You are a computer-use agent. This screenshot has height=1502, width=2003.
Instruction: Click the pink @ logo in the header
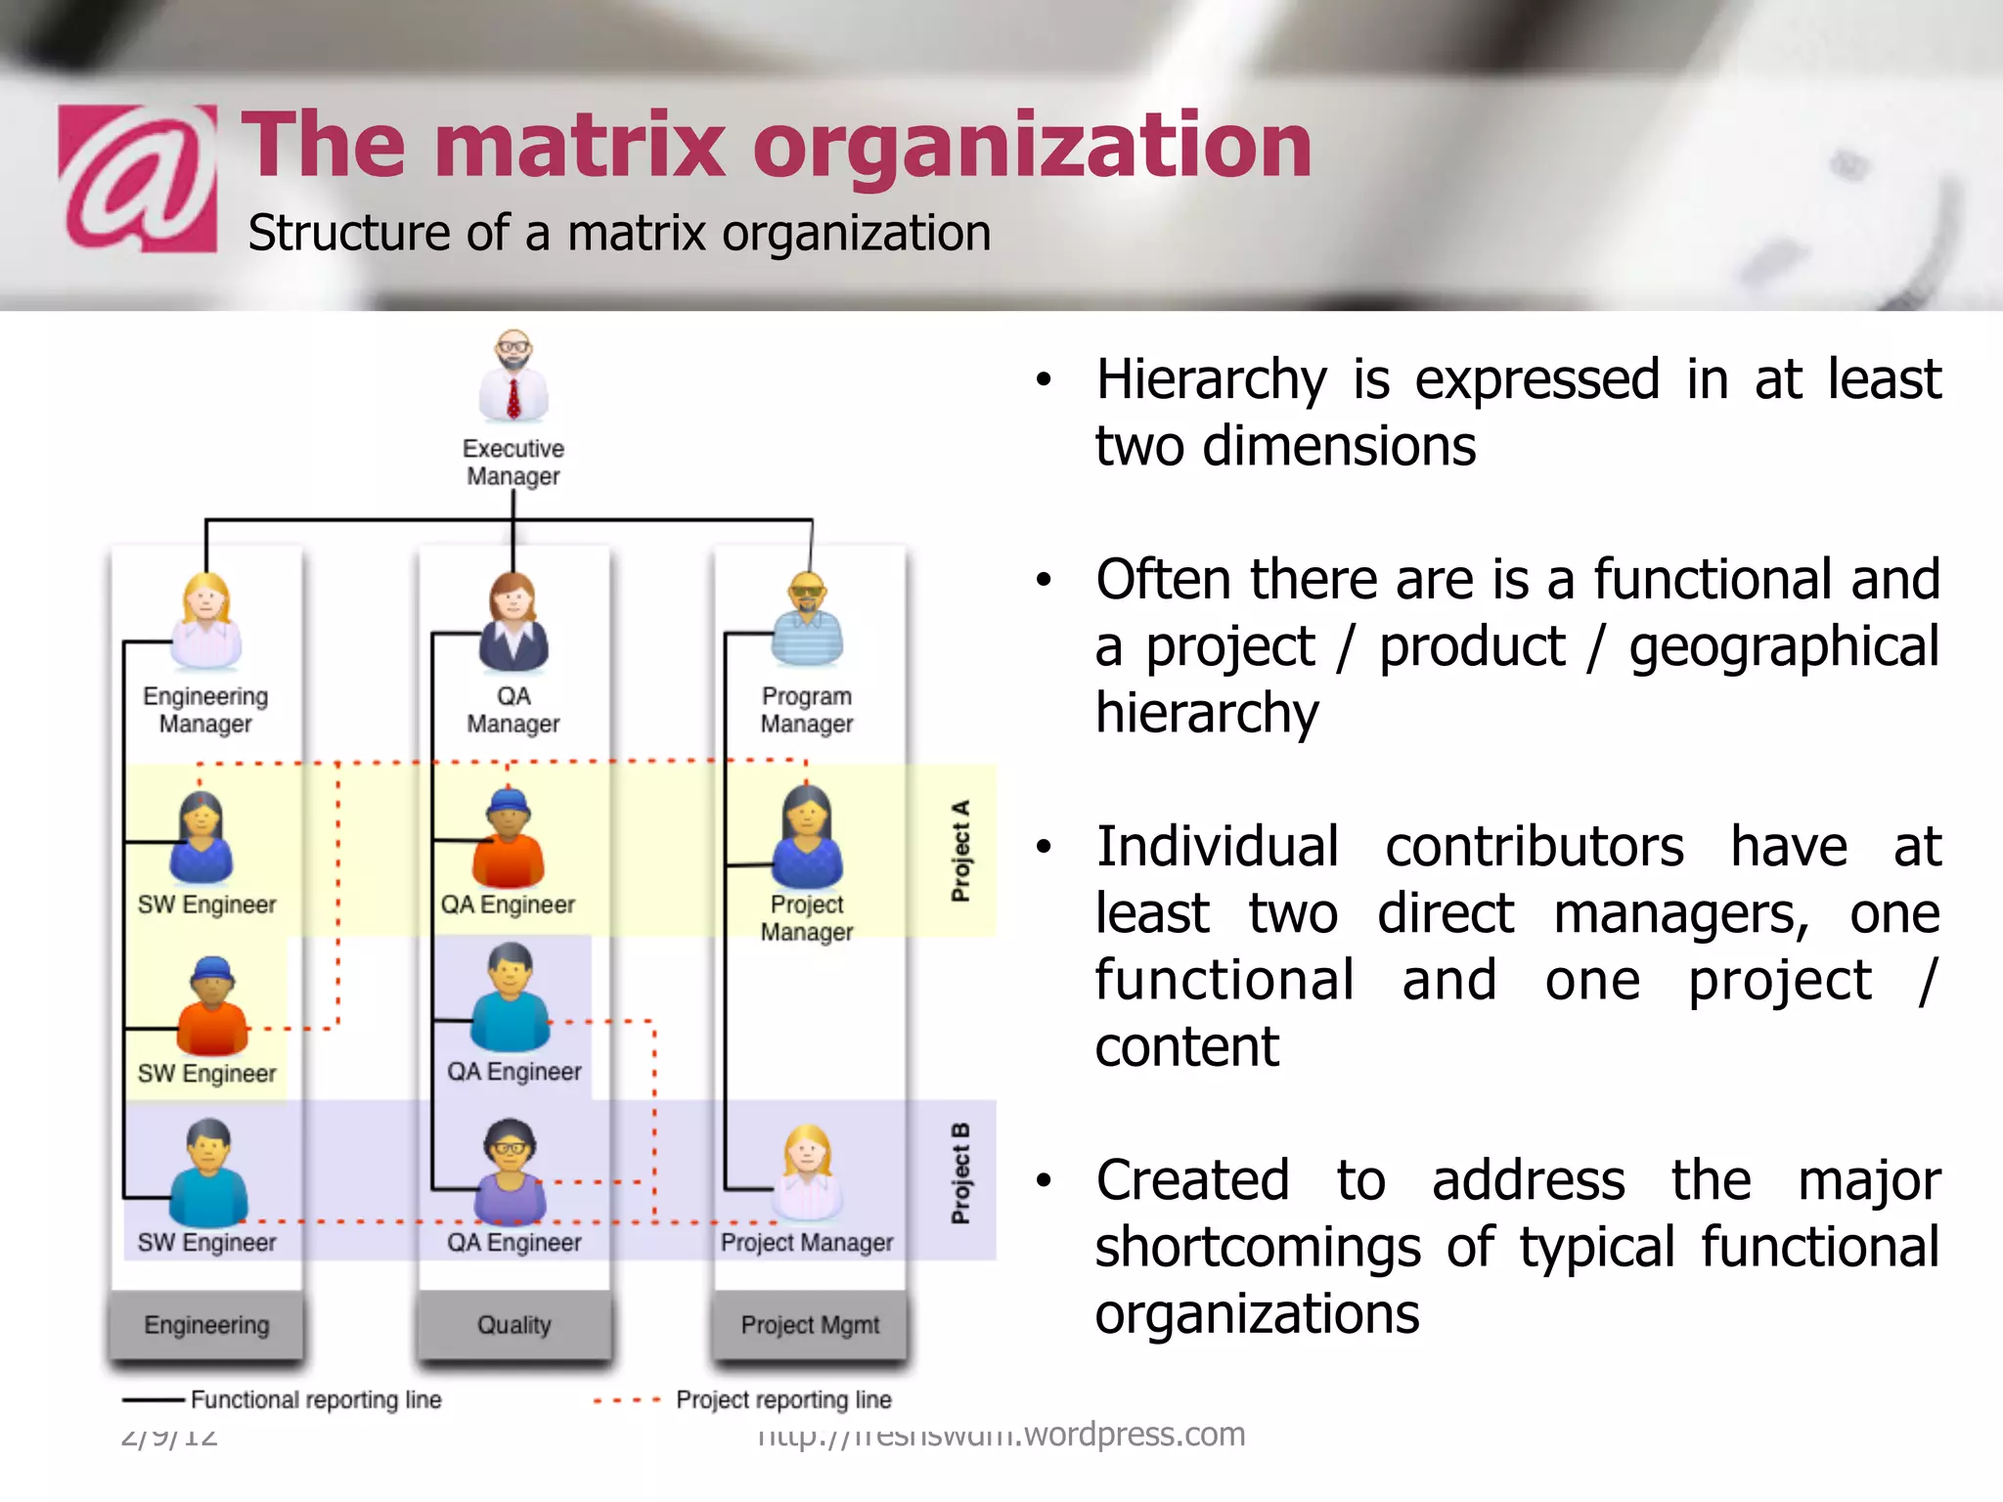(x=138, y=178)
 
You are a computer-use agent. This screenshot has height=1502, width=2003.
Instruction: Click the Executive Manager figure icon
(x=513, y=376)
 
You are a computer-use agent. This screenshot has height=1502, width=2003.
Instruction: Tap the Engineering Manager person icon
(x=205, y=622)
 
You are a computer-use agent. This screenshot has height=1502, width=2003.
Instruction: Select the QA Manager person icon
(x=513, y=622)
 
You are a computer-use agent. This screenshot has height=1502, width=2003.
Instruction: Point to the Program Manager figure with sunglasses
(x=807, y=620)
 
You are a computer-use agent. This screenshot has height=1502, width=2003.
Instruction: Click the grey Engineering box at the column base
(x=206, y=1325)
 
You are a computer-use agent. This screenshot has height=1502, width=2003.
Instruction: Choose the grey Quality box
(x=514, y=1325)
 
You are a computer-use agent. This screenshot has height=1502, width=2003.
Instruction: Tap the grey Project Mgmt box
(x=810, y=1325)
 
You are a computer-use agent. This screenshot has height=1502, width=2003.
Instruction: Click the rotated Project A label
(x=960, y=851)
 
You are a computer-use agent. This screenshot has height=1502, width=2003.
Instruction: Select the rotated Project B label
(x=960, y=1173)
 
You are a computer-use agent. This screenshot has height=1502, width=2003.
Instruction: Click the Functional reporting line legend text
(x=316, y=1400)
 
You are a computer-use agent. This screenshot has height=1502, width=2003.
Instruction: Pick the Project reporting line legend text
(x=783, y=1400)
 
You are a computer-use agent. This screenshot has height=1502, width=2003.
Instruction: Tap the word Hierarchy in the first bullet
(x=1212, y=379)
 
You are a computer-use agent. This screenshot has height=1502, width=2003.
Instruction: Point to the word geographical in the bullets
(x=1784, y=647)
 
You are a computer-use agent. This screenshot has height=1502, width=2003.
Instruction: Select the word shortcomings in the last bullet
(x=1258, y=1248)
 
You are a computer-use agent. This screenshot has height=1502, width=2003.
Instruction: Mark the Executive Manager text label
(x=513, y=463)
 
